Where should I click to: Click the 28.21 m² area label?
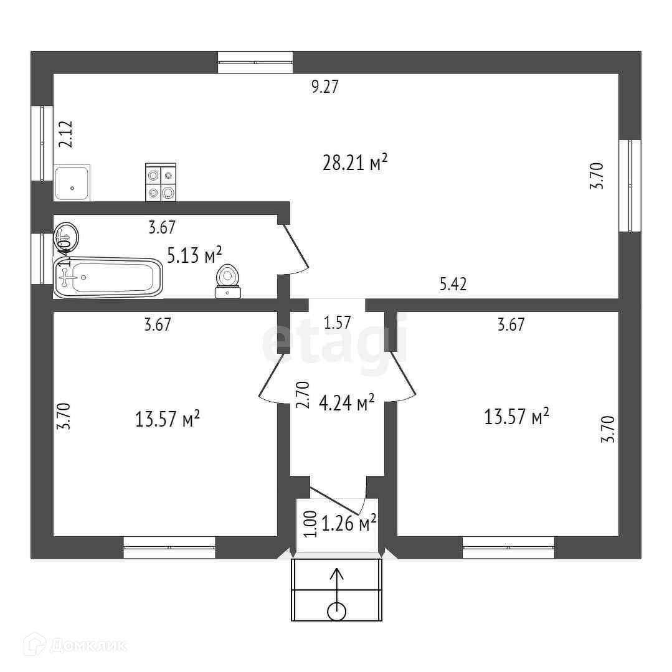pyautogui.click(x=356, y=163)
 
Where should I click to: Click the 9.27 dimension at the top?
pyautogui.click(x=324, y=87)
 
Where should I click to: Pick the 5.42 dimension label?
pyautogui.click(x=453, y=285)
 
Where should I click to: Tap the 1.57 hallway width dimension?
pyautogui.click(x=338, y=323)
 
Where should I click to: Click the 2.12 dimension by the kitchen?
pyautogui.click(x=66, y=134)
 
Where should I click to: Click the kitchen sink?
pyautogui.click(x=72, y=182)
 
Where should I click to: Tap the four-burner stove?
pyautogui.click(x=160, y=182)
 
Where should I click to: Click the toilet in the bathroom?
pyautogui.click(x=227, y=282)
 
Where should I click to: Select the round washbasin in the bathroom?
pyautogui.click(x=67, y=237)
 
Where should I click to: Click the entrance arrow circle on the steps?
pyautogui.click(x=336, y=611)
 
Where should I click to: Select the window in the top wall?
pyautogui.click(x=255, y=62)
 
